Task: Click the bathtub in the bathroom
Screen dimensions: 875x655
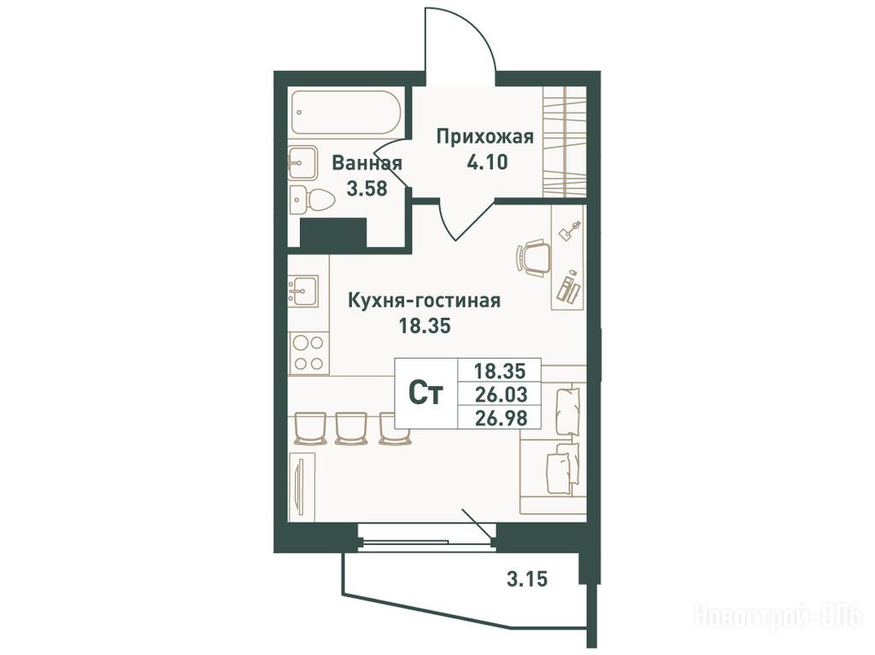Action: pos(344,112)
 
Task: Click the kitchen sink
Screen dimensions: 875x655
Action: pos(303,290)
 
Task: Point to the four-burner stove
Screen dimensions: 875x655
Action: pos(308,354)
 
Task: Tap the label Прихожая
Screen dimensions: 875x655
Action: pos(485,136)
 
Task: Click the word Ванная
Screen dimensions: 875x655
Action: pos(367,163)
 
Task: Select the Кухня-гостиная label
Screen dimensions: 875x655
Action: pos(424,300)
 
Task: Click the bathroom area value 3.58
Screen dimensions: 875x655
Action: pos(367,189)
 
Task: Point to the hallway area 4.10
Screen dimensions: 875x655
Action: pos(486,162)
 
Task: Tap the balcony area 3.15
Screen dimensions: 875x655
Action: pos(526,579)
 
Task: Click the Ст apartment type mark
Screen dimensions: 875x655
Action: pos(426,394)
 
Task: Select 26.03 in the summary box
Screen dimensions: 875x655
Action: pos(501,395)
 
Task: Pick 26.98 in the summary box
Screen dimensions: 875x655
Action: pos(501,418)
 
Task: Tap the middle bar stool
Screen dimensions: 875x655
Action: pos(351,428)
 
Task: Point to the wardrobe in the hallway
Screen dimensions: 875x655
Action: pos(564,141)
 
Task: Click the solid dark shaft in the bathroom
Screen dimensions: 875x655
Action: pos(333,232)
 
